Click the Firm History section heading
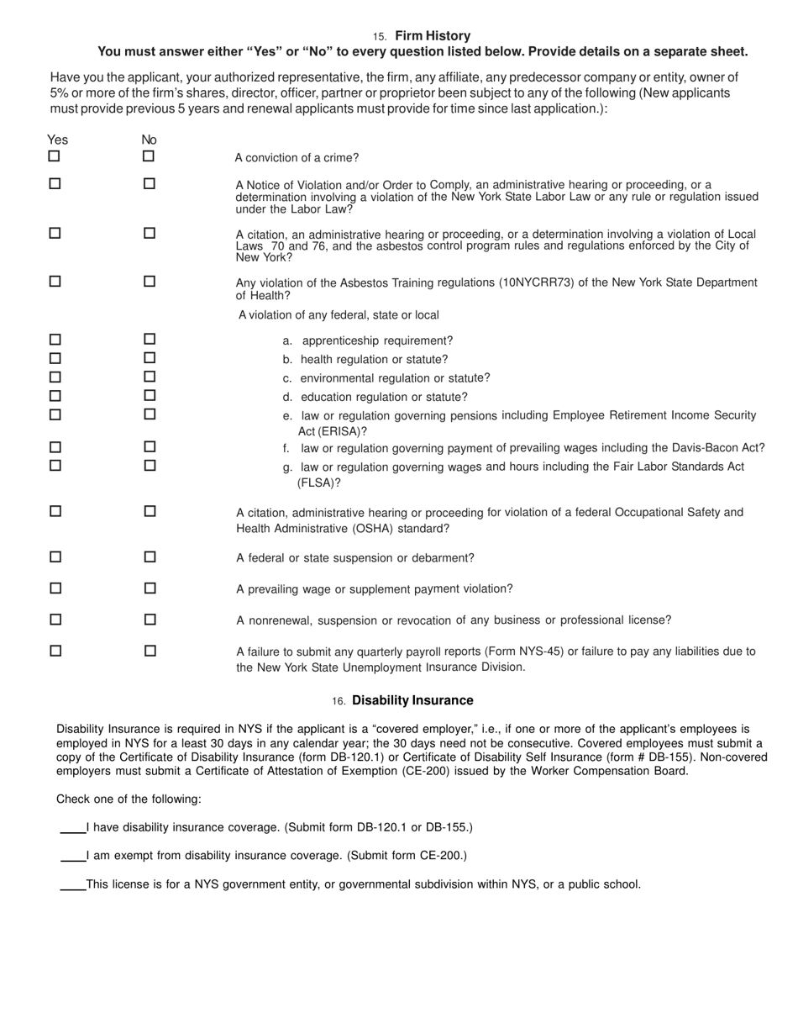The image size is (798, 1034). (432, 36)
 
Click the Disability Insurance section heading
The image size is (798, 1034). (412, 700)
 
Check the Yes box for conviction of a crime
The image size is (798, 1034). (55, 156)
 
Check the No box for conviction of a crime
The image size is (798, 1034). (149, 156)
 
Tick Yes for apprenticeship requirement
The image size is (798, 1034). (55, 340)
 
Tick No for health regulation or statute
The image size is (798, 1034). (150, 358)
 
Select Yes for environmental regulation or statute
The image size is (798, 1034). (55, 377)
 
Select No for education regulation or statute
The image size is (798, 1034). (150, 396)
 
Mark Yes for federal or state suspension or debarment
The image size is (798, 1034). (55, 557)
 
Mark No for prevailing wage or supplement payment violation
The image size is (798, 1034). (150, 588)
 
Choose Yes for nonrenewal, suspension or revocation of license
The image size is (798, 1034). (55, 620)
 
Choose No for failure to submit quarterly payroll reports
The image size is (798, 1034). (150, 651)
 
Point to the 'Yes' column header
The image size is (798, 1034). (58, 140)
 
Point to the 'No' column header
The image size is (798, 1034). (150, 140)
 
